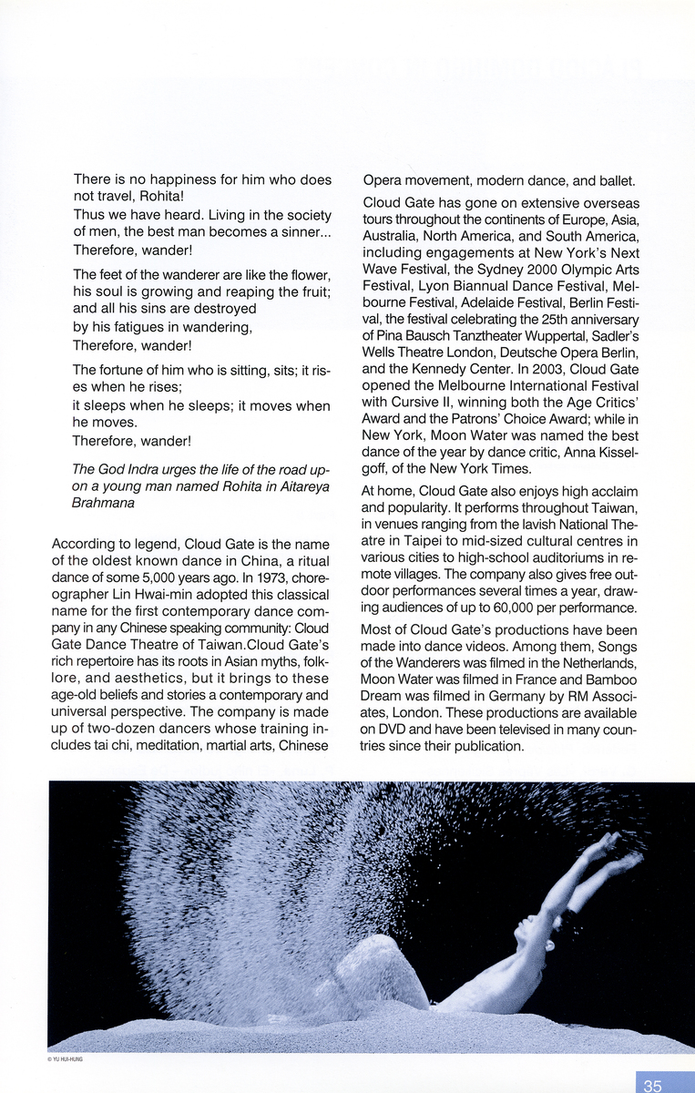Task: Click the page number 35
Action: click(x=652, y=1085)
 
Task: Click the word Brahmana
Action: click(x=104, y=502)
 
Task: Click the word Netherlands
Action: click(x=597, y=662)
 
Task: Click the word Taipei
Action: click(x=407, y=540)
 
